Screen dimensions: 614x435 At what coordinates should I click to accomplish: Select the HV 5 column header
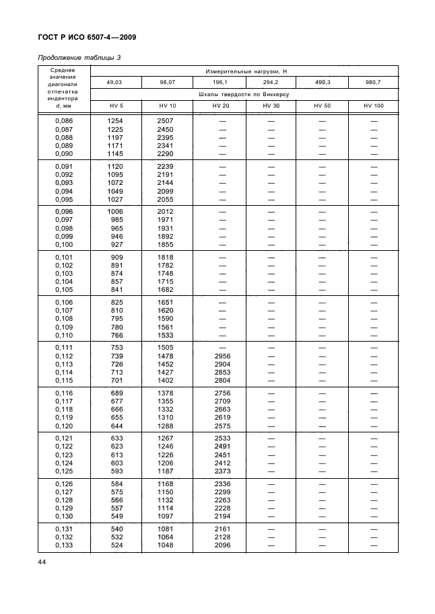(115, 106)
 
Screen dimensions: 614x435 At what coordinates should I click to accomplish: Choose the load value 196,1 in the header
(219, 82)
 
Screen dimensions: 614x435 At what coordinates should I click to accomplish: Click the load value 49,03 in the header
(115, 82)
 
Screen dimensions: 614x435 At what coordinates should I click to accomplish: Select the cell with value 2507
(167, 120)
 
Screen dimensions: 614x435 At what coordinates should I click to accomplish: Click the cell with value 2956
(219, 356)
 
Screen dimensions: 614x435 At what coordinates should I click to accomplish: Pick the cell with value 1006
(115, 211)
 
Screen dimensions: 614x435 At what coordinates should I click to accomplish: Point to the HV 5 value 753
(115, 348)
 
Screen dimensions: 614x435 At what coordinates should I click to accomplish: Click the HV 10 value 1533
(167, 335)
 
